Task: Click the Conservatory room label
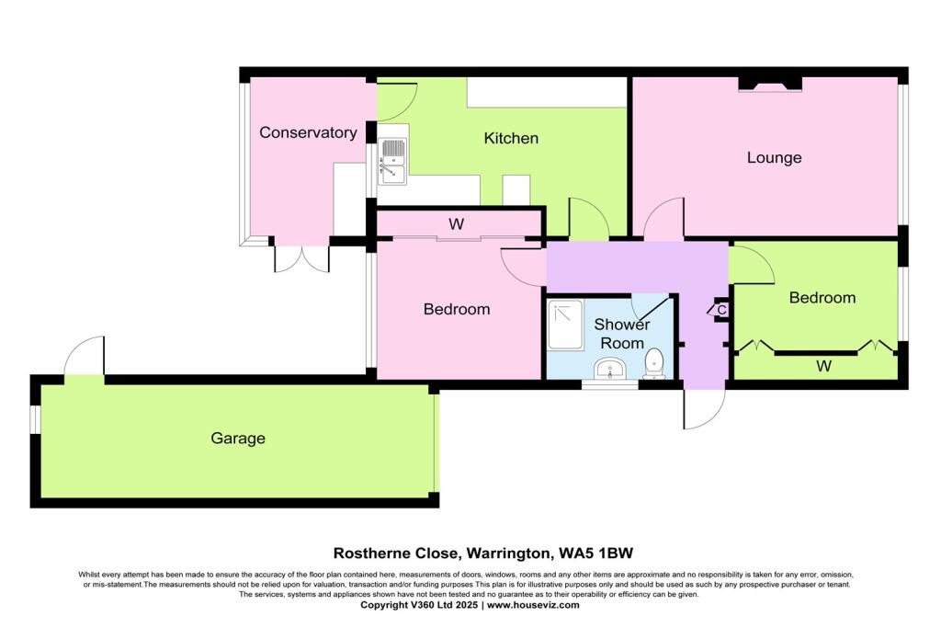308,132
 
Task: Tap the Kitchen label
511,139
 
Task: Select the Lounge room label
774,158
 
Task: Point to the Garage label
237,439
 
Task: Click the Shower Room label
621,333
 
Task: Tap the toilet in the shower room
655,362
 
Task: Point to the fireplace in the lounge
770,85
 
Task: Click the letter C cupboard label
721,310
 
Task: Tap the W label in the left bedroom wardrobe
457,223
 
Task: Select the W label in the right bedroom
824,367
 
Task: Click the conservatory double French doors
301,258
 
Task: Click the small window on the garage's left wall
34,419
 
